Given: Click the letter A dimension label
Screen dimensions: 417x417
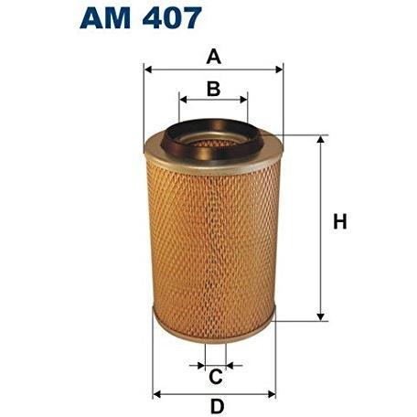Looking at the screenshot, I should [214, 57].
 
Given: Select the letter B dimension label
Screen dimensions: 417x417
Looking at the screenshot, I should [213, 89].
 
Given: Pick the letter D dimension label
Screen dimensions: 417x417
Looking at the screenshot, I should [216, 406].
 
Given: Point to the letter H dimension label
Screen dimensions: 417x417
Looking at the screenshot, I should [340, 222].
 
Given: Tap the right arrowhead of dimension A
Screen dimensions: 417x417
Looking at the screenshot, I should [279, 69].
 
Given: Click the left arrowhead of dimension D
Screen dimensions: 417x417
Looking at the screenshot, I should [155, 394].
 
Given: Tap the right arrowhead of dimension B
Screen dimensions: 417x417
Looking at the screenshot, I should [244, 100].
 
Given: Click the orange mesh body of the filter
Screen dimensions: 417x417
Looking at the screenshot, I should [213, 238].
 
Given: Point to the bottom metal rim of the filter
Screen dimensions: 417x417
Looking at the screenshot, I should [214, 328].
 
